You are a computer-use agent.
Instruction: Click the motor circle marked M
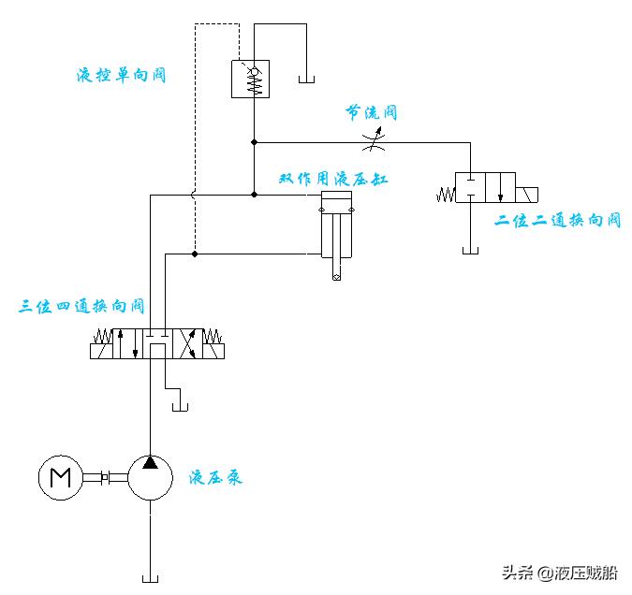pyautogui.click(x=61, y=477)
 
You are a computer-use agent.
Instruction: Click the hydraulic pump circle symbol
pyautogui.click(x=150, y=477)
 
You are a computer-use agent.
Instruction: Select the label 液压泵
pyautogui.click(x=215, y=478)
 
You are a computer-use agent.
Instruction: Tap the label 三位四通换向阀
pyautogui.click(x=82, y=306)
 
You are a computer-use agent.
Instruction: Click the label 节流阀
pyautogui.click(x=372, y=113)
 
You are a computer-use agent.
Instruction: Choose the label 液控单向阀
pyautogui.click(x=121, y=75)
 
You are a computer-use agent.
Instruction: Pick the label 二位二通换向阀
pyautogui.click(x=558, y=221)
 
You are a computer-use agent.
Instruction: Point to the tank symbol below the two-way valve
pyautogui.click(x=471, y=249)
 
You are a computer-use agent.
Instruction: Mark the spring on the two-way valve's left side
pyautogui.click(x=445, y=196)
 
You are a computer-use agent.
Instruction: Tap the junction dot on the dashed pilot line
pyautogui.click(x=194, y=254)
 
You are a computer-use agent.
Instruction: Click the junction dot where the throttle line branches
pyautogui.click(x=254, y=143)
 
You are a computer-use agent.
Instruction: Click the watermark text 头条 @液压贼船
pyautogui.click(x=560, y=573)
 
